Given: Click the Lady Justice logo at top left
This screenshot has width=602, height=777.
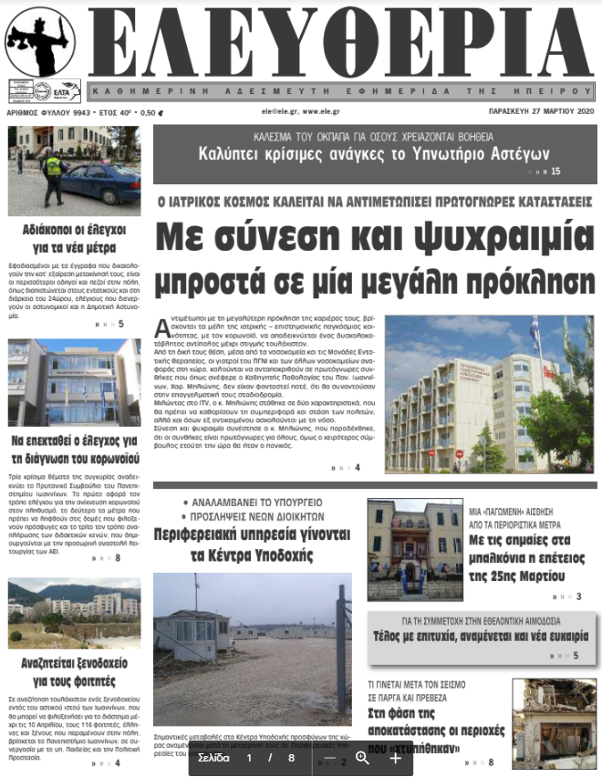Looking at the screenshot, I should coord(39,42).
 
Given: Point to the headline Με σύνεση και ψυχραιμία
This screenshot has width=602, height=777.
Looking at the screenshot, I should coord(374,239).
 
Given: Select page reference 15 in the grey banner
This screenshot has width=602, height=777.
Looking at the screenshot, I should coord(555,171).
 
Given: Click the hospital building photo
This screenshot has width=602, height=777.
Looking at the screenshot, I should coord(489,393).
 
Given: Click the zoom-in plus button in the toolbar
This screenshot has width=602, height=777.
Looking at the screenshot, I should coord(395,758).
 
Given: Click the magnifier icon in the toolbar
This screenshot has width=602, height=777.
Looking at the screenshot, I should coord(362,758).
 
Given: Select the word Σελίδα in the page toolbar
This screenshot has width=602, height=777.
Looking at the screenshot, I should coord(213,758).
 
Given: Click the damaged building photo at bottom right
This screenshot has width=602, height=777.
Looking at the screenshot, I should coord(554,723).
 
